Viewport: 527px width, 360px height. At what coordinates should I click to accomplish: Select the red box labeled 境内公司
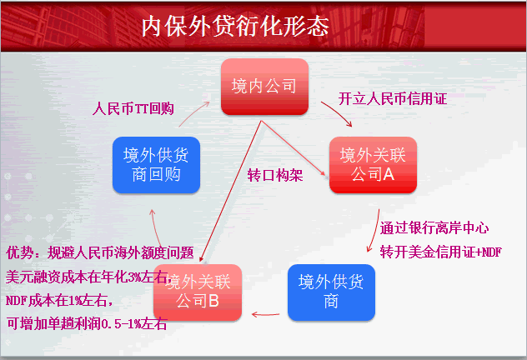[264, 86]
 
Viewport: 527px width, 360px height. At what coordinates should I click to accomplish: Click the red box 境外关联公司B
[196, 292]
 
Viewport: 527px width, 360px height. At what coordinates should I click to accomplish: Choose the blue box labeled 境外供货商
[331, 292]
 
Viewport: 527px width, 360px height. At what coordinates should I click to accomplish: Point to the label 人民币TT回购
[133, 107]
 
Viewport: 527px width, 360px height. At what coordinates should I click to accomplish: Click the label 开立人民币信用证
[392, 98]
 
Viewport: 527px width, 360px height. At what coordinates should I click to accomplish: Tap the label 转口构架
[274, 176]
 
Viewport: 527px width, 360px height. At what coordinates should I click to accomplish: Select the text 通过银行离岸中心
[434, 227]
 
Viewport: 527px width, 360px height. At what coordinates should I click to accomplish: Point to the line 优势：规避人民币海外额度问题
[100, 252]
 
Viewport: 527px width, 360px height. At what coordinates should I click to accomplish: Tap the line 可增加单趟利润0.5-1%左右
[87, 323]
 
